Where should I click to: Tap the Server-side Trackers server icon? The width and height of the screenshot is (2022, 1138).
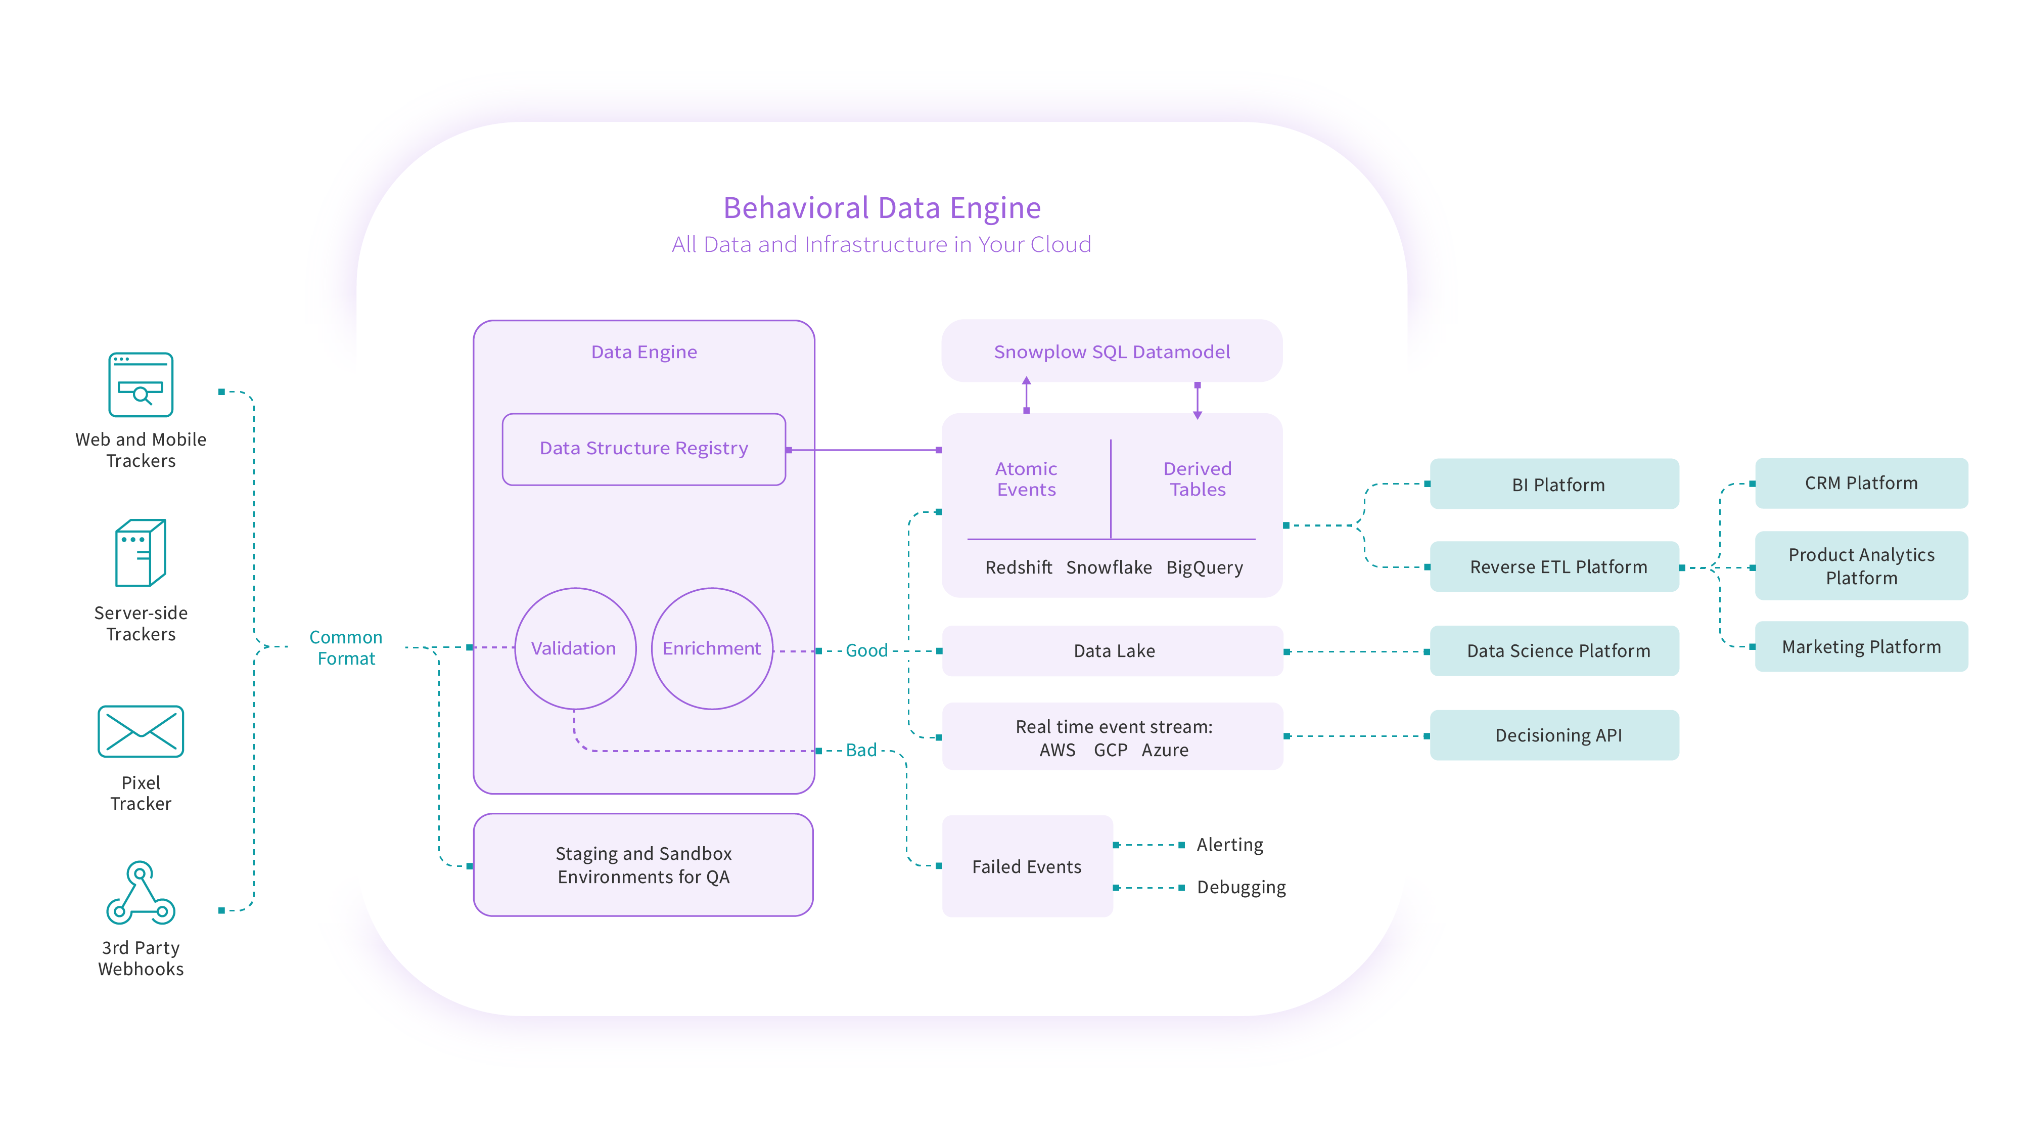(x=141, y=552)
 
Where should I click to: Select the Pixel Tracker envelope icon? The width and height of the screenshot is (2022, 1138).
(x=141, y=731)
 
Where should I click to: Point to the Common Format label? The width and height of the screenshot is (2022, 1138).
(x=345, y=648)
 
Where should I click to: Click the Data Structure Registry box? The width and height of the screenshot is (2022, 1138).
(x=644, y=449)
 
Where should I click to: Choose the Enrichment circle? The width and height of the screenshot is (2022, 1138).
(x=712, y=648)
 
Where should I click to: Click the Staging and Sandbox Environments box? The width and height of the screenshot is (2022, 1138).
(x=644, y=865)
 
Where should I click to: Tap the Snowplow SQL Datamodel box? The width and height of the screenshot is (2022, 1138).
(x=1112, y=352)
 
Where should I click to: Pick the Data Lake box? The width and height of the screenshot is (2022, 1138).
(x=1113, y=650)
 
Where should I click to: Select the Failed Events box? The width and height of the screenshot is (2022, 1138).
(x=1027, y=866)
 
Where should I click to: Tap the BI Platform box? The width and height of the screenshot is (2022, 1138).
(x=1557, y=485)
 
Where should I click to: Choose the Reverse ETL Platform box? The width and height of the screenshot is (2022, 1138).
(x=1557, y=567)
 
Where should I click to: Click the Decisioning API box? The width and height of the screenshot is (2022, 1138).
(x=1557, y=735)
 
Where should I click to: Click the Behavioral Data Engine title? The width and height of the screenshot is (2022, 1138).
(x=882, y=208)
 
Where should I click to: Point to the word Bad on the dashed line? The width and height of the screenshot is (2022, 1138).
(x=861, y=750)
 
